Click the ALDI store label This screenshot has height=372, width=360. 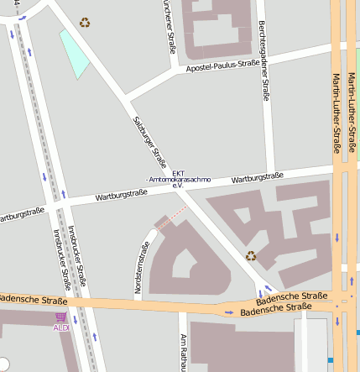click(x=60, y=327)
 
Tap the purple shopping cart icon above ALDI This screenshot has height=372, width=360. click(x=60, y=317)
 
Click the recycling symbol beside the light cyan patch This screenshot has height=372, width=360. click(x=85, y=23)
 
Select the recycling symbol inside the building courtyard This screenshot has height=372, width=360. click(x=251, y=255)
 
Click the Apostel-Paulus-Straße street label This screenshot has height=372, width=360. click(x=222, y=65)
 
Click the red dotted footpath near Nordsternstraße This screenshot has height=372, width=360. click(x=171, y=220)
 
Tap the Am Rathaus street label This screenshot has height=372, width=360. click(x=183, y=353)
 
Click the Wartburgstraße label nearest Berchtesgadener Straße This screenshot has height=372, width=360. click(x=257, y=178)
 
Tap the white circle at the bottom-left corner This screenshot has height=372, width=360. click(x=3, y=364)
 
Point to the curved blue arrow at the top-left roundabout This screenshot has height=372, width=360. click(x=22, y=16)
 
